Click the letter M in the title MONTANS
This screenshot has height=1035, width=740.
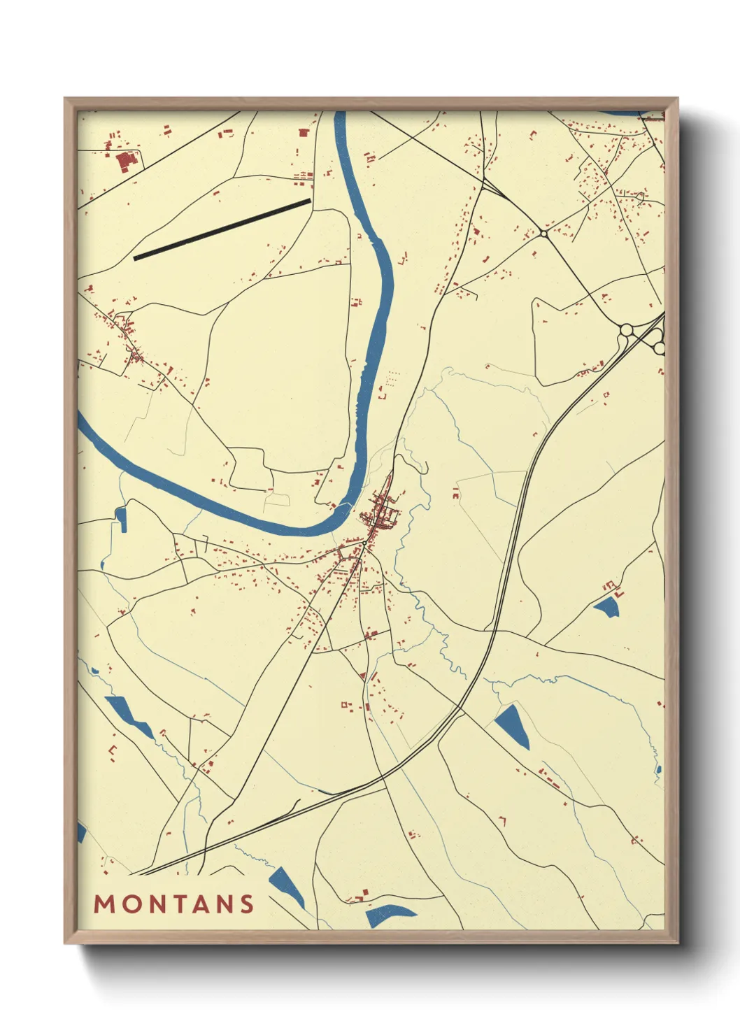point(104,904)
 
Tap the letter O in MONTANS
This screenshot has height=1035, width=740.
point(131,904)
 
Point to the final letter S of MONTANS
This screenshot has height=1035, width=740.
point(246,904)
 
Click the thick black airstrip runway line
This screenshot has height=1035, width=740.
point(222,229)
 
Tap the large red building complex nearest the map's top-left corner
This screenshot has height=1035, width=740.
point(125,162)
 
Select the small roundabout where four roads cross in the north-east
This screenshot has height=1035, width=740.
point(543,233)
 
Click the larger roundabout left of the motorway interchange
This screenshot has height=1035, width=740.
point(627,329)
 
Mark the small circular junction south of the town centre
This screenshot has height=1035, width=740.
point(364,542)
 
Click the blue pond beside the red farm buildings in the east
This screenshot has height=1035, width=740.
point(606,606)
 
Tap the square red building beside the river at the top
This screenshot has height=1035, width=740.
point(304,132)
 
